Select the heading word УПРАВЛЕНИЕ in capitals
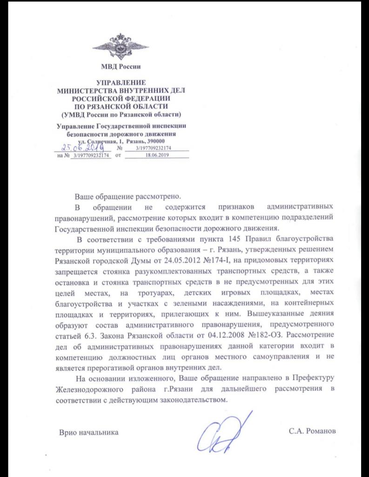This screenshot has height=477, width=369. (x=120, y=82)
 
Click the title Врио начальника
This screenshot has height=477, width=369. (x=88, y=432)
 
